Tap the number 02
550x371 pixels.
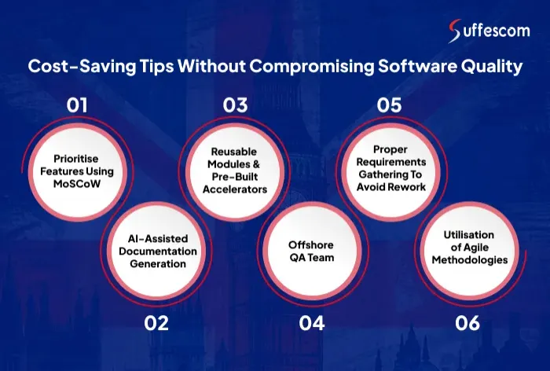156,322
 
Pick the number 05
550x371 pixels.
388,105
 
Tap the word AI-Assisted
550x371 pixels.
159,238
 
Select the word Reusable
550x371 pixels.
233,152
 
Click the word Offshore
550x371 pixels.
311,244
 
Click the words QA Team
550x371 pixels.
311,256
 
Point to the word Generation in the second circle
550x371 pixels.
159,263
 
